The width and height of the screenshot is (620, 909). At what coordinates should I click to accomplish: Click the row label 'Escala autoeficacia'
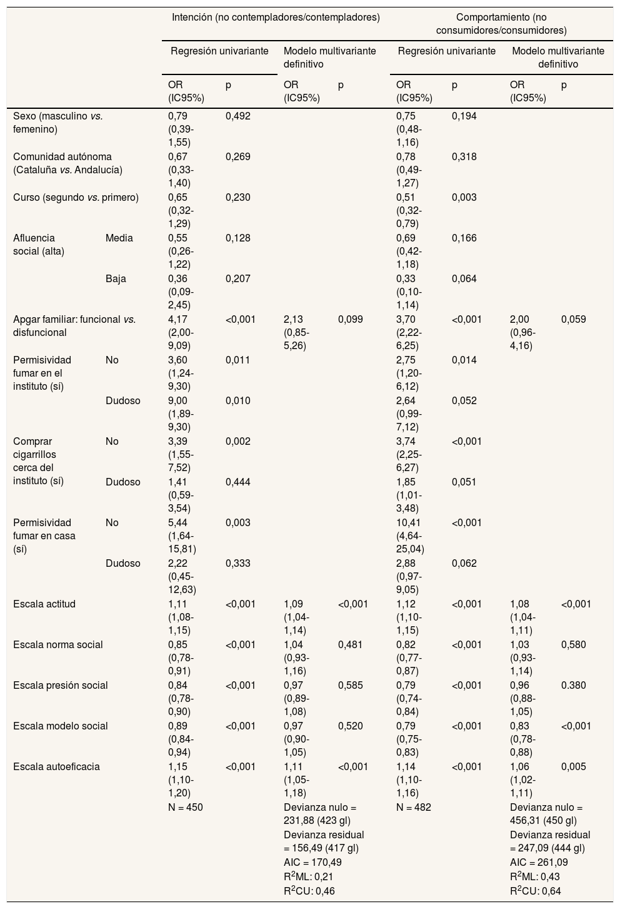click(56, 766)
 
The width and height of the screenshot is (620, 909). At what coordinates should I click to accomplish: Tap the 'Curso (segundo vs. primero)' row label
click(76, 197)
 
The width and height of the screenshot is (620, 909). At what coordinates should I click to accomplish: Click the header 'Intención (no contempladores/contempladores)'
click(276, 17)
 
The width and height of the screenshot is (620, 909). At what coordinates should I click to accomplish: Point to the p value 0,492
click(237, 116)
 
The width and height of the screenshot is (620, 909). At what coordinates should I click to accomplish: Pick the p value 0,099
click(350, 319)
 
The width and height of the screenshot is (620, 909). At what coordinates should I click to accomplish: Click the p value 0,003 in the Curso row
click(464, 197)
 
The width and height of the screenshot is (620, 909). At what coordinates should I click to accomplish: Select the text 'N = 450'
click(186, 807)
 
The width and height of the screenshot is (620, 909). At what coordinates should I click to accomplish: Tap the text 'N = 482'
click(414, 807)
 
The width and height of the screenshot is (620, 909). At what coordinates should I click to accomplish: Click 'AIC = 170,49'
click(312, 862)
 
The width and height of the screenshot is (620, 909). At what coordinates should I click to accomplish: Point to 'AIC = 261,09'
click(539, 862)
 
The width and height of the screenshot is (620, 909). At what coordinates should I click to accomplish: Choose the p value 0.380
click(574, 685)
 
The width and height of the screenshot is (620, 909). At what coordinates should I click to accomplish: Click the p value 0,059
click(574, 319)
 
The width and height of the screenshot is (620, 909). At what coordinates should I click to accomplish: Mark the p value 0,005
click(574, 766)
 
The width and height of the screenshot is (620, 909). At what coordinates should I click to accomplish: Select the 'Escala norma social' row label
click(58, 644)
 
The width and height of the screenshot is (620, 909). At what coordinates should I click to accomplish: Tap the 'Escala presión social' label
click(61, 685)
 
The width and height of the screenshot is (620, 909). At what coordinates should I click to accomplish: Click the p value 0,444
click(237, 482)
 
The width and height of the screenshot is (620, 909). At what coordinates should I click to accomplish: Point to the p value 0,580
click(574, 644)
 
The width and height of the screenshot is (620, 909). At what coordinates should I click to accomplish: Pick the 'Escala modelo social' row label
click(61, 726)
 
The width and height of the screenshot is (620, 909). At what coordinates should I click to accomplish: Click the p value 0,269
click(237, 156)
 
